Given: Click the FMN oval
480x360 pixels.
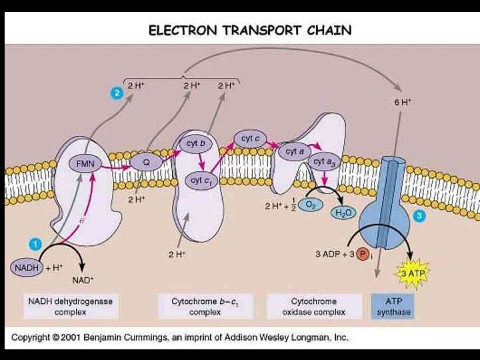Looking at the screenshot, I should [x=84, y=163].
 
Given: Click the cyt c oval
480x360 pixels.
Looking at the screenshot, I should [x=250, y=139].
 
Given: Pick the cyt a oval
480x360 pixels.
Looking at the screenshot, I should [x=295, y=152].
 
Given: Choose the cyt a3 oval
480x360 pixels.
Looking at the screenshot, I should [x=323, y=162].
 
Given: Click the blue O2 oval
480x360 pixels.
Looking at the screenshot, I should [x=311, y=205].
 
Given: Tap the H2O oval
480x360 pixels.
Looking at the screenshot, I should [x=343, y=213].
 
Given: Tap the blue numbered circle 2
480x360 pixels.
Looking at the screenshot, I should [x=116, y=94].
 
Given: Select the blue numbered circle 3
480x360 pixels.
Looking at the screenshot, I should [x=419, y=216].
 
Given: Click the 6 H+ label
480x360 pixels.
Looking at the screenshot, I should [x=402, y=102].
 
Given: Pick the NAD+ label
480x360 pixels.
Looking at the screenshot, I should [x=83, y=280].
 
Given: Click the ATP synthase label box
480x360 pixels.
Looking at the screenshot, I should [x=393, y=307].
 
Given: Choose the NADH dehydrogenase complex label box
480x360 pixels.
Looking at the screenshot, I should [x=70, y=307].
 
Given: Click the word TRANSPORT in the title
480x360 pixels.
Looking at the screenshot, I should [x=248, y=31].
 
